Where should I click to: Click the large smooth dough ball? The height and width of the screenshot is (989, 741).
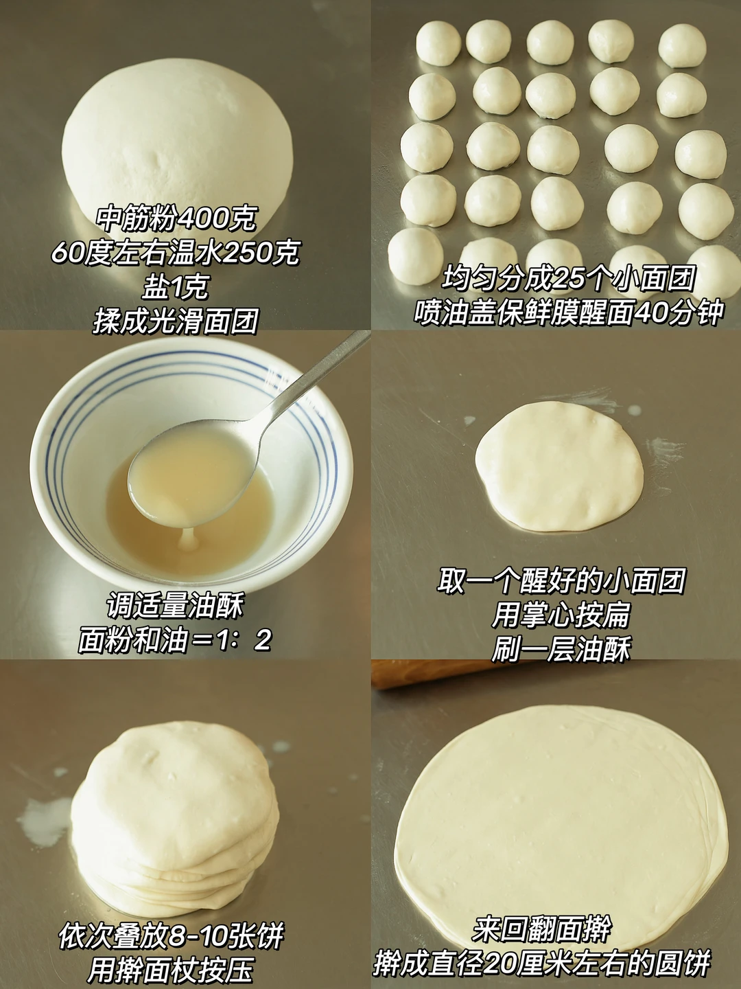[x=178, y=148]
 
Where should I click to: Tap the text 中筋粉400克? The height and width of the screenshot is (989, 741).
[x=176, y=219]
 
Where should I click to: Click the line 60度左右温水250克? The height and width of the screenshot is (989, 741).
[x=176, y=253]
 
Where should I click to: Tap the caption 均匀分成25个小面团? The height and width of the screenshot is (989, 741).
[x=569, y=279]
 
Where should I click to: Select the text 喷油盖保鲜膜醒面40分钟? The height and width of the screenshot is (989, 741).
[x=569, y=312]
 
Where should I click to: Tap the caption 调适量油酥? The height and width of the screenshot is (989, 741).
[x=176, y=606]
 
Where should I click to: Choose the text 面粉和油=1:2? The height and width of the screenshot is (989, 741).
[x=176, y=640]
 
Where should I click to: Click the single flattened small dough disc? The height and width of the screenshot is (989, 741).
[x=559, y=467]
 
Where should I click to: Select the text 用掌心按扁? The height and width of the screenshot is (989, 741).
[x=561, y=615]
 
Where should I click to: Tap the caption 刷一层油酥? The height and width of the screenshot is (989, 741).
[x=561, y=649]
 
